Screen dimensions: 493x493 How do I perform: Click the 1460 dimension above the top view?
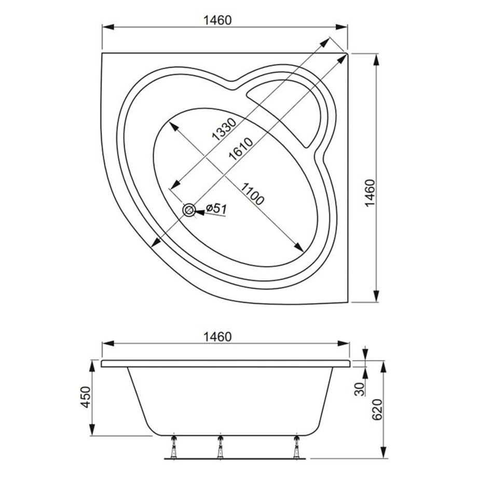click(217, 20)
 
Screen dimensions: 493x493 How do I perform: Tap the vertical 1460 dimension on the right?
click(371, 193)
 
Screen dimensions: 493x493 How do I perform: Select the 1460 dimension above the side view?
click(217, 337)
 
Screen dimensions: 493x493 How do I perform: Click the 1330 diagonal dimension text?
click(224, 129)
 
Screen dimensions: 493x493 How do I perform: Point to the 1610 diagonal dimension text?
click(241, 149)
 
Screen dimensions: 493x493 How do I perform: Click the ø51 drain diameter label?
click(216, 209)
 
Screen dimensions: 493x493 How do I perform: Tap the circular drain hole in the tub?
click(189, 210)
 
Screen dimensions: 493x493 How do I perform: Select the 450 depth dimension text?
click(86, 397)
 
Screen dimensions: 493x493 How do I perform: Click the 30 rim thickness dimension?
click(360, 389)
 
